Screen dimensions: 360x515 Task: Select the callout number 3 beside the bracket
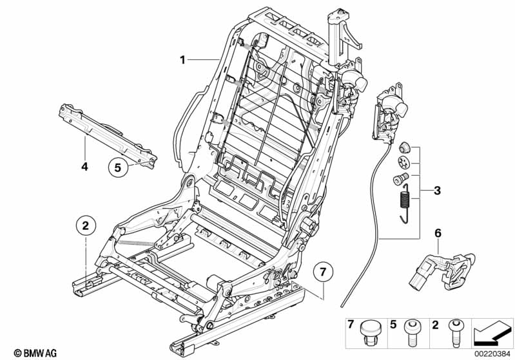coord(438,191)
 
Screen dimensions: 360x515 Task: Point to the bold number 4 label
coord(84,166)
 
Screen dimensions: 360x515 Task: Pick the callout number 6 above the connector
coord(438,232)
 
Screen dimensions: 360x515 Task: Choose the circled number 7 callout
coord(324,272)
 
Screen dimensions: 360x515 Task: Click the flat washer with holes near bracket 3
coord(404,162)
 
